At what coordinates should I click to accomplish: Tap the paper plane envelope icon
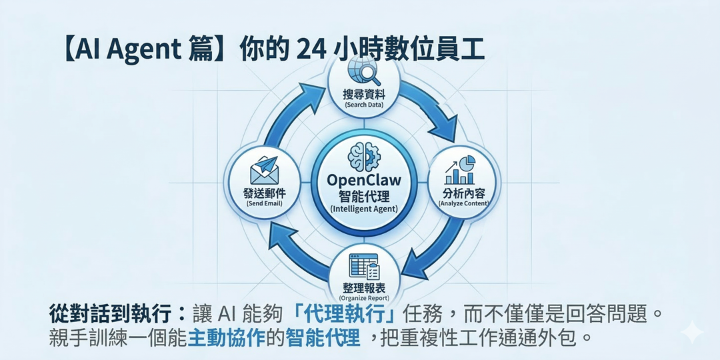tap(264, 171)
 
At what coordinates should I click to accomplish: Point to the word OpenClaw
tap(364, 181)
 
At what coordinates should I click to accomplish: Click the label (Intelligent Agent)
tap(364, 209)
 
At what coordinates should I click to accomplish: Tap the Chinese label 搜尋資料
tap(364, 95)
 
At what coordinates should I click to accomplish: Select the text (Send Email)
tap(265, 203)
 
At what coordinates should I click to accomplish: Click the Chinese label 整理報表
tap(364, 288)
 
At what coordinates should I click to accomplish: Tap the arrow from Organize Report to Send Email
tap(293, 251)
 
